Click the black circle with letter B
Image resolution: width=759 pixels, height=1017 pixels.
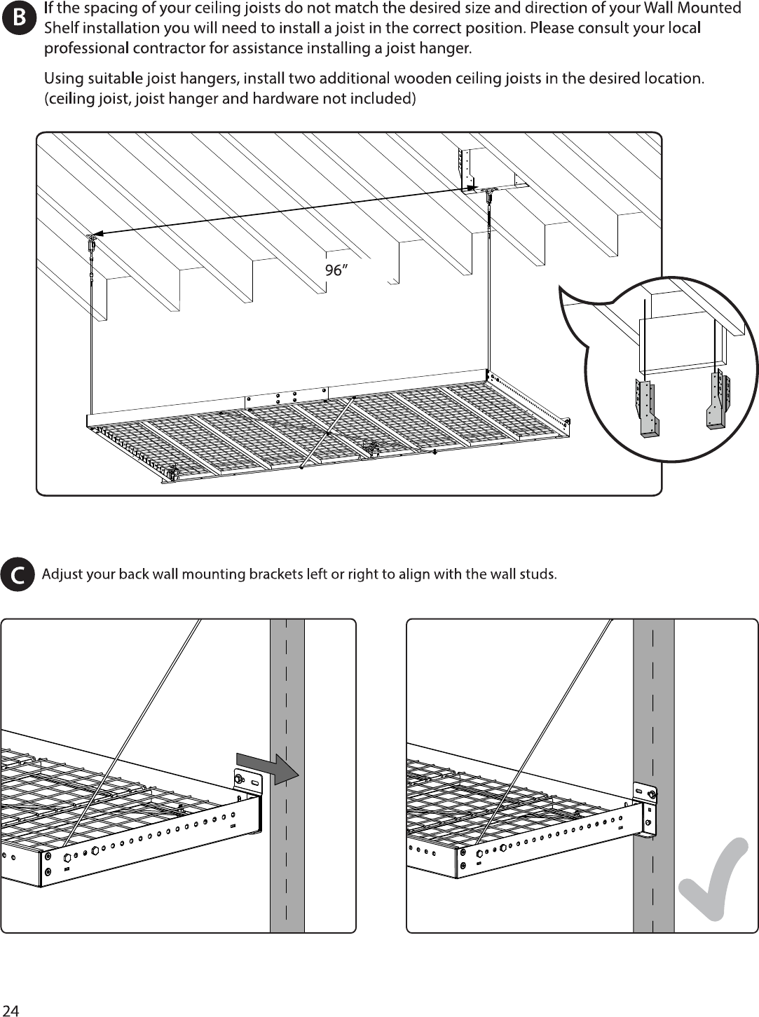coord(18,18)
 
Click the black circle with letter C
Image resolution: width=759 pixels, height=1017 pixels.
coord(18,574)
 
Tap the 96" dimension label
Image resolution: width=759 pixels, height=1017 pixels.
coord(336,270)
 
